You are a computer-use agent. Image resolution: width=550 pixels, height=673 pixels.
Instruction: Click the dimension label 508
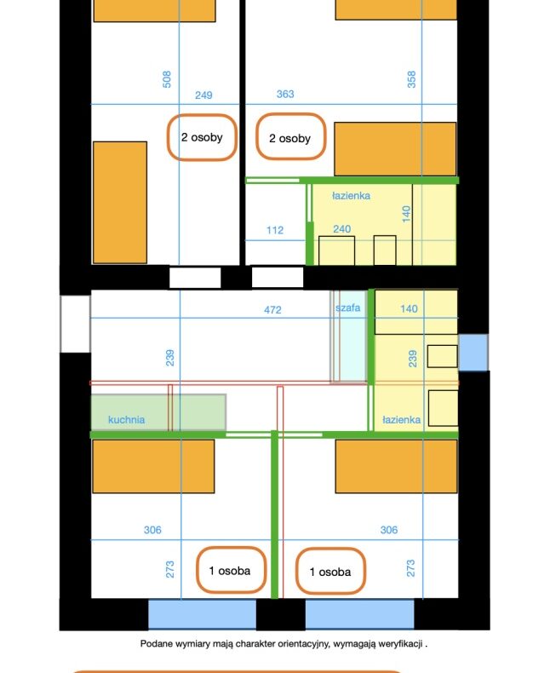[x=167, y=79]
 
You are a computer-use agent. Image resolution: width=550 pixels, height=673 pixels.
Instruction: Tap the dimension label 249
[x=203, y=95]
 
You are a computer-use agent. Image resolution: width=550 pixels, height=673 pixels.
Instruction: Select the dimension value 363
[x=285, y=94]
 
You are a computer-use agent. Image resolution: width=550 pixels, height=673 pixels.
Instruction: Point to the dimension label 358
[x=411, y=79]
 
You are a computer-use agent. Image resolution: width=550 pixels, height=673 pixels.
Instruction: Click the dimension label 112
[x=274, y=230]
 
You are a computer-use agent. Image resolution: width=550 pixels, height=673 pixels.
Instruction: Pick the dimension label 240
[x=342, y=229]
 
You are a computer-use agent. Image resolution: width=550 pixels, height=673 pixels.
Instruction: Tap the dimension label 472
[x=272, y=309]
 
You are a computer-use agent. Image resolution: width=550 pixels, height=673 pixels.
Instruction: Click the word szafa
[x=348, y=308]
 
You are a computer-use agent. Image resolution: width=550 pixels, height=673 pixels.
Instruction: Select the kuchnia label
[x=126, y=419]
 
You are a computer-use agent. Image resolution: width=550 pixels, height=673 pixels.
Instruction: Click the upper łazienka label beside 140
[x=351, y=196]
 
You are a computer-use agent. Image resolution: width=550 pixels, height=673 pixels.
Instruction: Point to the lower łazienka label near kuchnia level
[x=401, y=419]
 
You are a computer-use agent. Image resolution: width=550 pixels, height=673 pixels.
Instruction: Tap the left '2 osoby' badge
[x=202, y=137]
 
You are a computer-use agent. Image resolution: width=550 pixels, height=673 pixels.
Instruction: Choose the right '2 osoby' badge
[x=291, y=137]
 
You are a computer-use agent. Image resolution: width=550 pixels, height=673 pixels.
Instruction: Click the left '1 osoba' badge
[x=231, y=571]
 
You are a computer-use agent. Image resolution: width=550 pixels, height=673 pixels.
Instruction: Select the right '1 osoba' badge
[x=331, y=572]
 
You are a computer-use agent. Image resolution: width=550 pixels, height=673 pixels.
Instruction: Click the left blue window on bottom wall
[x=202, y=613]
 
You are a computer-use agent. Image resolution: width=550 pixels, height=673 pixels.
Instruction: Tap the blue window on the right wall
[x=473, y=353]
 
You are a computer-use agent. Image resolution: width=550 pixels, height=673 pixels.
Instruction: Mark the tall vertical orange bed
[x=120, y=203]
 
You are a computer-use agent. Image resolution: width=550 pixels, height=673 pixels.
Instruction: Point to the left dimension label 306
[x=152, y=530]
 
